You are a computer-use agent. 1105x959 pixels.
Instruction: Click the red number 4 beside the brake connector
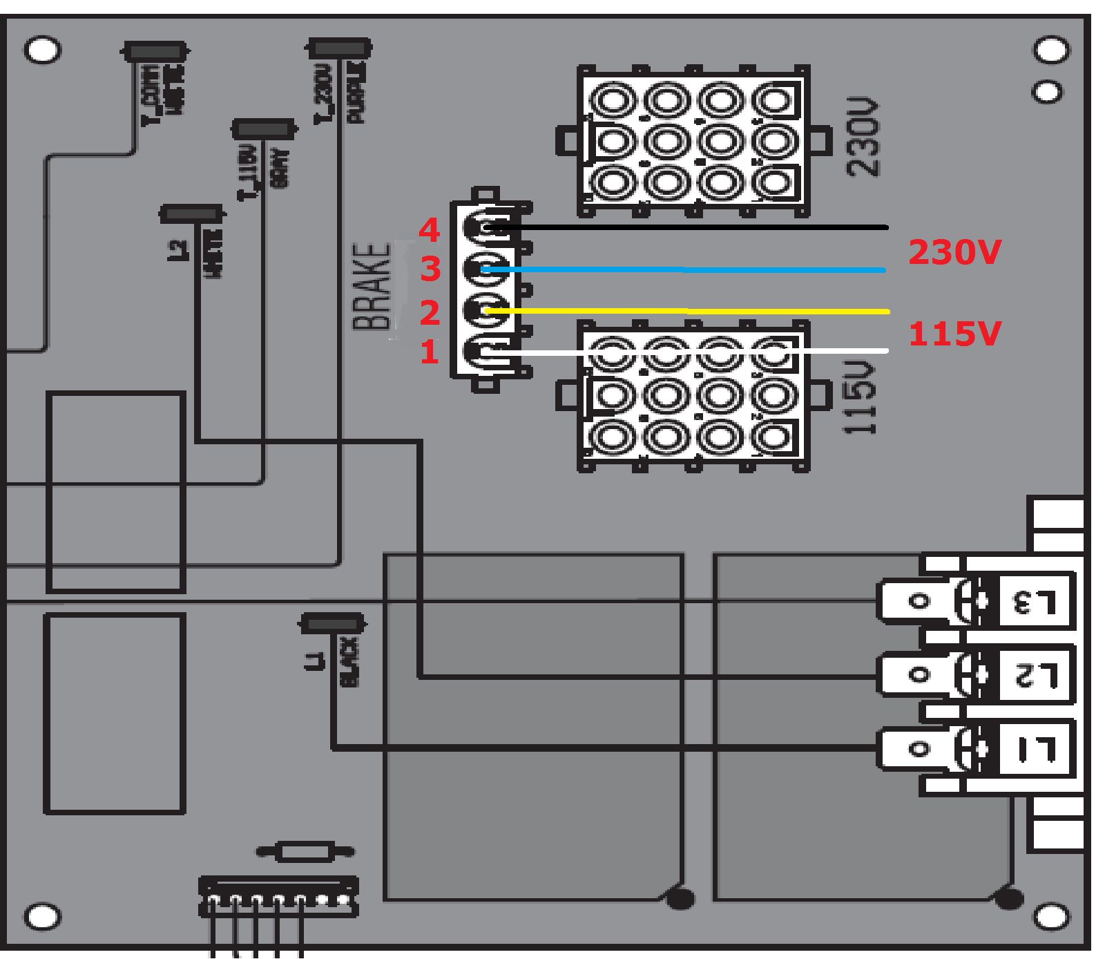click(x=429, y=230)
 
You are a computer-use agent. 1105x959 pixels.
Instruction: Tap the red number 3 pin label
click(x=430, y=269)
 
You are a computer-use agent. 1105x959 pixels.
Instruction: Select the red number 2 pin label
click(x=430, y=312)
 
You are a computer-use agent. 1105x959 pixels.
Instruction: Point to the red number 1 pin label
click(x=430, y=352)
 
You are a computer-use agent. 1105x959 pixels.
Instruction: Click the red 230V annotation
click(x=954, y=252)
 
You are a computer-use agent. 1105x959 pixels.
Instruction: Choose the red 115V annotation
click(x=954, y=334)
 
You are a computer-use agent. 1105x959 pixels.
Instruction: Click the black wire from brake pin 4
click(x=691, y=227)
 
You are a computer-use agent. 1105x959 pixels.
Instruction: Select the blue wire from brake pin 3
click(x=691, y=269)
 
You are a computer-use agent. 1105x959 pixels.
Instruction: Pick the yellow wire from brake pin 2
click(x=691, y=312)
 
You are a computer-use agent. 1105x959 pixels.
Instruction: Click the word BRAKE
click(x=372, y=287)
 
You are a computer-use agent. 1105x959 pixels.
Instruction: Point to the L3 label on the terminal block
click(x=1034, y=602)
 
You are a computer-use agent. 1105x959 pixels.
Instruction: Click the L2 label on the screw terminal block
click(x=1034, y=674)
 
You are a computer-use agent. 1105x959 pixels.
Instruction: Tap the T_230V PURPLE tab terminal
click(x=338, y=48)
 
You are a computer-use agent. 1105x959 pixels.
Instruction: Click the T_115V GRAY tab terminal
click(x=264, y=129)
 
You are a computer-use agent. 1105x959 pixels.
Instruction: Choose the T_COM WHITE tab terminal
click(x=155, y=52)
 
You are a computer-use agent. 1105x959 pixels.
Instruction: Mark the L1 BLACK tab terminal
click(x=332, y=623)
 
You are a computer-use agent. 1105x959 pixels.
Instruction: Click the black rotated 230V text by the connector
click(x=863, y=138)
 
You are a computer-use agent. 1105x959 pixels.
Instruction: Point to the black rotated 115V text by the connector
click(x=861, y=398)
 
